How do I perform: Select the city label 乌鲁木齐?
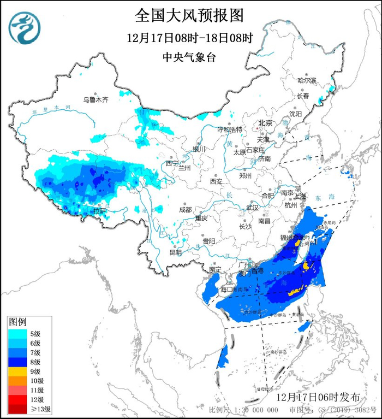click(x=95, y=99)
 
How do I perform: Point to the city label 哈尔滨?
click(x=307, y=80)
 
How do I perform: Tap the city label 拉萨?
click(x=99, y=210)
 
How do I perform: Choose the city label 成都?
click(x=186, y=209)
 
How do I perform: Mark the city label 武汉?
click(x=252, y=208)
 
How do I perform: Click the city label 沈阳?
click(x=295, y=114)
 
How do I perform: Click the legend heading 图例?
click(x=17, y=322)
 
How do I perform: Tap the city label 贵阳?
click(x=208, y=241)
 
